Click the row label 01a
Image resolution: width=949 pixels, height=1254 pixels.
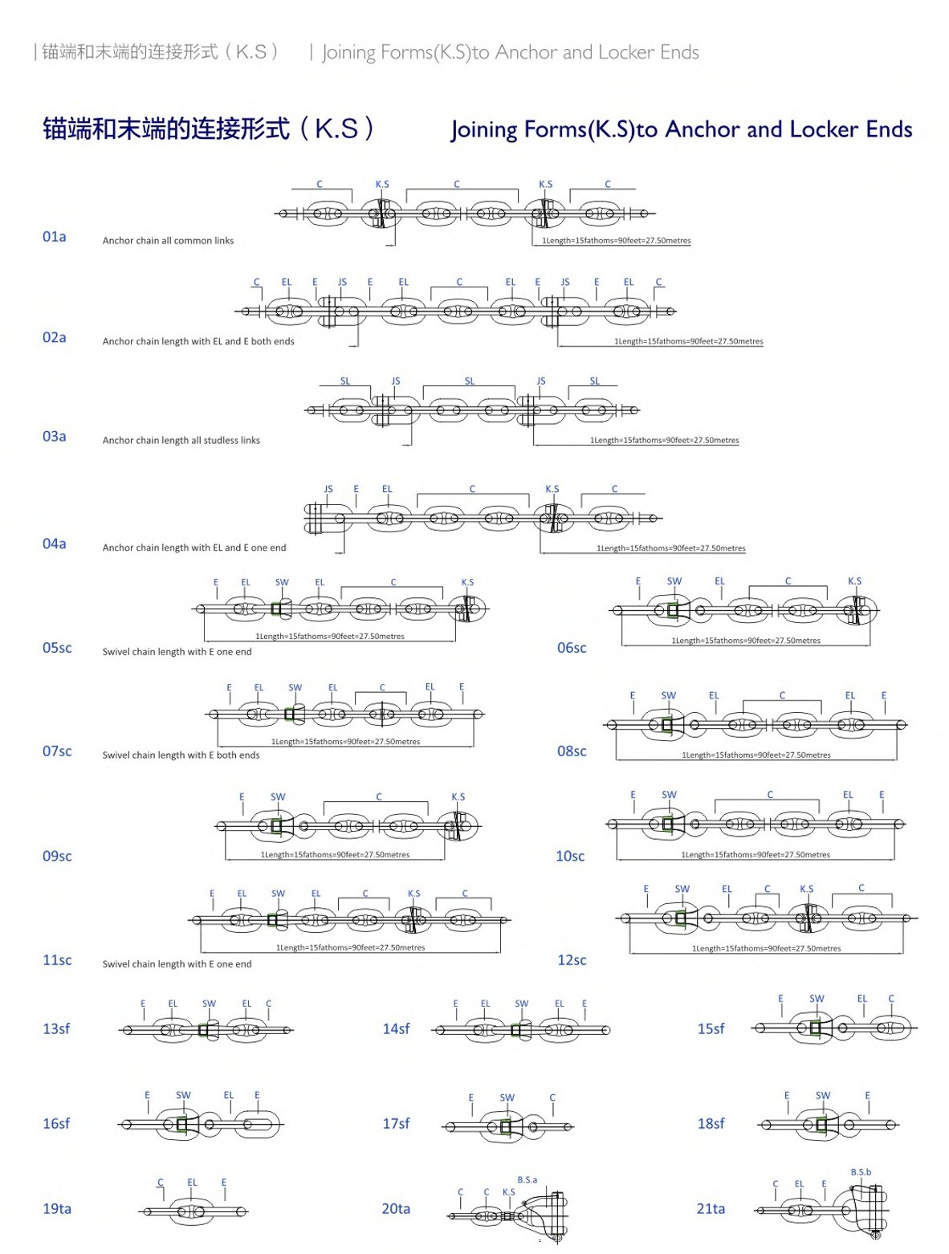pyautogui.click(x=55, y=237)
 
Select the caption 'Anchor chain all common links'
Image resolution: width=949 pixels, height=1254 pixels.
pyautogui.click(x=168, y=241)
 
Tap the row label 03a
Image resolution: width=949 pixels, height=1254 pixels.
pyautogui.click(x=55, y=437)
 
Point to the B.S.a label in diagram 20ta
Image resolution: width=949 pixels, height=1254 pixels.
pyautogui.click(x=527, y=1179)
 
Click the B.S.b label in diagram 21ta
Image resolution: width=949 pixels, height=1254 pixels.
pyautogui.click(x=861, y=1172)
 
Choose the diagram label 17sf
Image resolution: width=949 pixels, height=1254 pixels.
pyautogui.click(x=396, y=1123)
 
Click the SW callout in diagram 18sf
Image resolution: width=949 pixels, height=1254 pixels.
pyautogui.click(x=823, y=1095)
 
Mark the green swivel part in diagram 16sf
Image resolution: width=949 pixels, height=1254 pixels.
pyautogui.click(x=181, y=1124)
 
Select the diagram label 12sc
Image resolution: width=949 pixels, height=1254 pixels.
pyautogui.click(x=572, y=960)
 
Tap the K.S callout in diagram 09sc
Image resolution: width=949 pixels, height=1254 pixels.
pyautogui.click(x=458, y=796)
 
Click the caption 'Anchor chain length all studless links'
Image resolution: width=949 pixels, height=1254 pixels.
pyautogui.click(x=181, y=440)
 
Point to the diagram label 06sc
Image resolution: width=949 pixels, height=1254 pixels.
pyautogui.click(x=572, y=647)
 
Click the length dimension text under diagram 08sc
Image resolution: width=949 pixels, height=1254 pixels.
pyautogui.click(x=756, y=755)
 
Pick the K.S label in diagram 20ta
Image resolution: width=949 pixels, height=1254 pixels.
pyautogui.click(x=508, y=1191)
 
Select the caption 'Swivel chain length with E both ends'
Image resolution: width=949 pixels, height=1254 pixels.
pyautogui.click(x=181, y=755)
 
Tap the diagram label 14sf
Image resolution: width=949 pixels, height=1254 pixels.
pyautogui.click(x=396, y=1028)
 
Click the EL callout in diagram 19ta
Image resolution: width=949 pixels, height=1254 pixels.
pyautogui.click(x=192, y=1182)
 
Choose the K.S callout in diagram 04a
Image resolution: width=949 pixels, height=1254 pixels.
pyautogui.click(x=552, y=488)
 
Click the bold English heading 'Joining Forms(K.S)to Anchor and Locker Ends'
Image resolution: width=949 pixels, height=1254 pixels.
pyautogui.click(x=681, y=129)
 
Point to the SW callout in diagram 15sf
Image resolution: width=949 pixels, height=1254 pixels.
pyautogui.click(x=817, y=998)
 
